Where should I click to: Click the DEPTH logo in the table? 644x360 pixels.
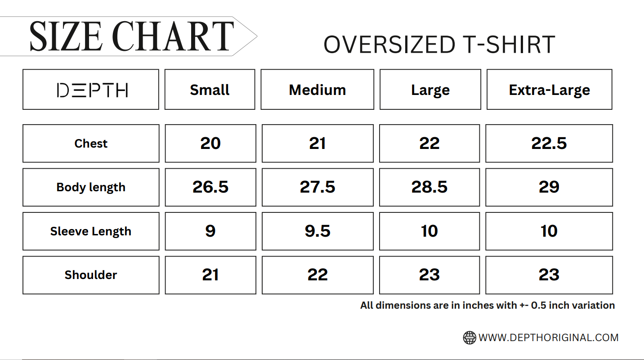coord(92,90)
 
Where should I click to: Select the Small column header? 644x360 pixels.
coord(210,90)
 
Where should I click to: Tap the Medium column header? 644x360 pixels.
coord(318,90)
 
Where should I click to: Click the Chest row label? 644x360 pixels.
coord(91,143)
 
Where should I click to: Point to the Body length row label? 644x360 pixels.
coord(91,188)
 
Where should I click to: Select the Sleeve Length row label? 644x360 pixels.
coord(91,232)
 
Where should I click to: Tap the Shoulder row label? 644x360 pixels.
coord(91,275)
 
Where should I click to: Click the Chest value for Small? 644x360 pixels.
coord(210,143)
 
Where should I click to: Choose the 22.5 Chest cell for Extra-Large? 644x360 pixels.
coord(549,143)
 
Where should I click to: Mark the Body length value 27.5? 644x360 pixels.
coord(318,187)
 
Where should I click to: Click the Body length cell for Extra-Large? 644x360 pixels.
coord(549,187)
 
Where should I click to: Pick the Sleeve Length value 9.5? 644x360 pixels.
coord(318,231)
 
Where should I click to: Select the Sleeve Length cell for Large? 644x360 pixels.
coord(429,231)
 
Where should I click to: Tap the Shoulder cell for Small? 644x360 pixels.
coord(210,275)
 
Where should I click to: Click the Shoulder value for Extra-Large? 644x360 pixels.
coord(549,275)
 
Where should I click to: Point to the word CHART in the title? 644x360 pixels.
coord(173,36)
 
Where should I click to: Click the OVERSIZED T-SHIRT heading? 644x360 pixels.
coord(439,45)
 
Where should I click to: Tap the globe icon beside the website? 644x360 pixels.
coord(470,337)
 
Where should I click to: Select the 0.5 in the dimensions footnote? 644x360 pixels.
coord(538,305)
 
